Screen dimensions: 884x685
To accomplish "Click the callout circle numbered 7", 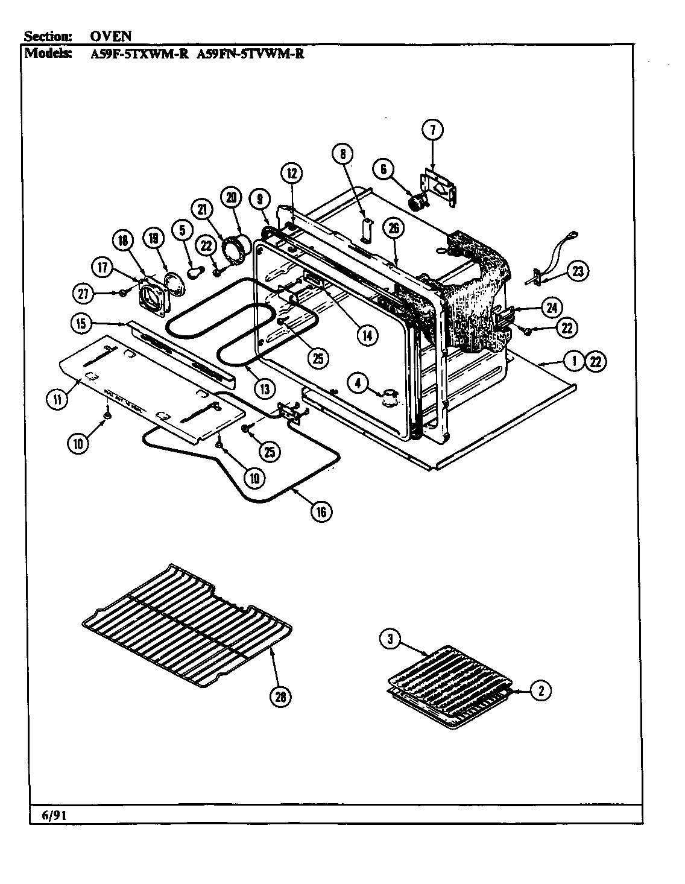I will (x=432, y=130).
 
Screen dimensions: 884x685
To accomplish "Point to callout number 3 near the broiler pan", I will (x=390, y=640).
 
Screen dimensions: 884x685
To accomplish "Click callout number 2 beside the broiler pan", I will (x=540, y=692).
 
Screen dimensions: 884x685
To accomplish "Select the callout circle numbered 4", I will (x=359, y=382).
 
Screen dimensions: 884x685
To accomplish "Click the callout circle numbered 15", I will (x=81, y=323).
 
